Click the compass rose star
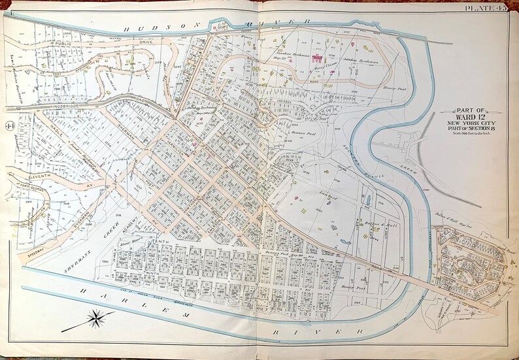pyautogui.click(x=96, y=319)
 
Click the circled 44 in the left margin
pyautogui.click(x=9, y=125)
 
